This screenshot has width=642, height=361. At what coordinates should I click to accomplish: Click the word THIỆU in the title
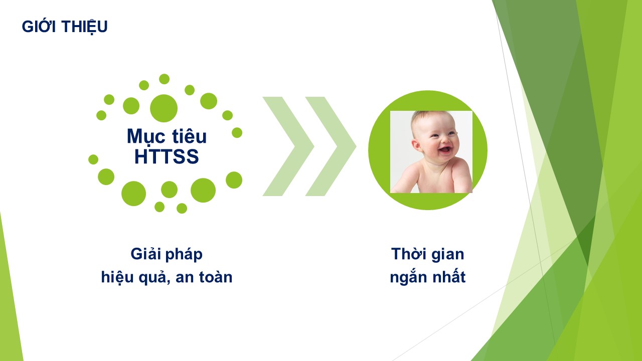point(84,27)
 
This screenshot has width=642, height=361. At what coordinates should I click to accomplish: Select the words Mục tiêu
point(167,136)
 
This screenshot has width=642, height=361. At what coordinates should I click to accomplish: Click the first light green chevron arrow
point(288,146)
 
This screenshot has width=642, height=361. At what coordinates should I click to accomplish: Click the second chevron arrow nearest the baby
point(331,146)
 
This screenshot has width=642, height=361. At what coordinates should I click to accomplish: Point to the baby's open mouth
point(445,149)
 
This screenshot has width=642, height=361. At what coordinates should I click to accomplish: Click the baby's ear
point(417,145)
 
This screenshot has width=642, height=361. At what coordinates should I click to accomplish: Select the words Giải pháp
point(167,254)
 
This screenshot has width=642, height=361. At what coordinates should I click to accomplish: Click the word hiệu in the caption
point(117,277)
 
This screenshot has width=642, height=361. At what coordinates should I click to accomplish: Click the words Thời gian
point(428,254)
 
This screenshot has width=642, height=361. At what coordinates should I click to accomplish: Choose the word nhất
point(449,276)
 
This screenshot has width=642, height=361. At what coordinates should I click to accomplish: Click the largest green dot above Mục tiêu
point(164,108)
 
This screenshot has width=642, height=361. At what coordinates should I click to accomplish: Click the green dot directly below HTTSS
point(169,190)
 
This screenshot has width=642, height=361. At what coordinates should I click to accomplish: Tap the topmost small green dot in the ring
point(164,79)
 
